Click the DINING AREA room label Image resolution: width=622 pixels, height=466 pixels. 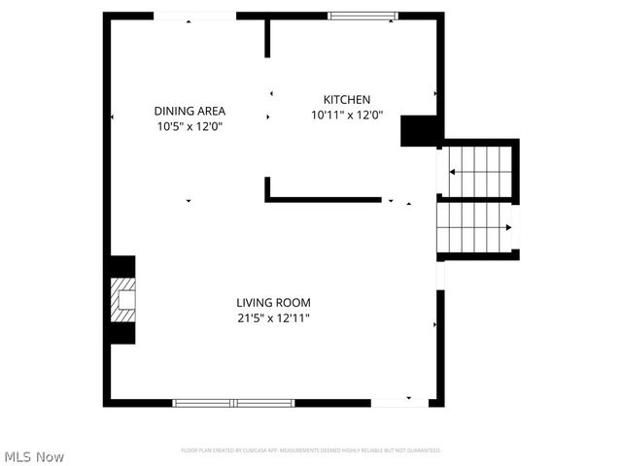(189, 111)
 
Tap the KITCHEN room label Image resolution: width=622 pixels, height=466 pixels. (347, 99)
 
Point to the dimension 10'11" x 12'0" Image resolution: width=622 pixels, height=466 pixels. (347, 115)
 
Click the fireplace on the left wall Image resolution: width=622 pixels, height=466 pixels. (121, 299)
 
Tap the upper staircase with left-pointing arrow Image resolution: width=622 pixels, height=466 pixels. (478, 172)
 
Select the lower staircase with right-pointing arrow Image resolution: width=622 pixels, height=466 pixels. (474, 227)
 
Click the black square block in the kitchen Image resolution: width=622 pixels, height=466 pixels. (421, 130)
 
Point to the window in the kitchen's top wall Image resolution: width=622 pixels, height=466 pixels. (362, 16)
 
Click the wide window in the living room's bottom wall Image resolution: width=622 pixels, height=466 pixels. (233, 402)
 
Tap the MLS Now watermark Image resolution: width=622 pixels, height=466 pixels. (34, 456)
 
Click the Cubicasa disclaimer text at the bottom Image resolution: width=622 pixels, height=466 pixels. (311, 450)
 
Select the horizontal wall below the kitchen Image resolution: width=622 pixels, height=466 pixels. (324, 199)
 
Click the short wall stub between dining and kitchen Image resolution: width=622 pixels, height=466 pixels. (267, 37)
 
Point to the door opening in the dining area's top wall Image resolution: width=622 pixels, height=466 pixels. (194, 16)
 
